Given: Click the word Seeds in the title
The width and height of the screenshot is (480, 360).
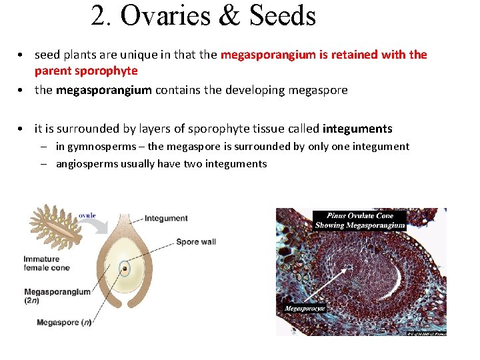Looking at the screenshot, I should tap(282, 16).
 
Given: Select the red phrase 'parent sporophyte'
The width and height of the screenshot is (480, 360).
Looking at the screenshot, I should tap(86, 71).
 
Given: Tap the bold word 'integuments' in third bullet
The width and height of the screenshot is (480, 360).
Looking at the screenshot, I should tap(357, 129).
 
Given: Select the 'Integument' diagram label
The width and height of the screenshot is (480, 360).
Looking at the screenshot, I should tap(166, 218).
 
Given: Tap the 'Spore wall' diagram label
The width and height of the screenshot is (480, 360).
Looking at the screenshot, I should tap(196, 241).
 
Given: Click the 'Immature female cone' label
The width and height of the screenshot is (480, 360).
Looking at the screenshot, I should tap(47, 263).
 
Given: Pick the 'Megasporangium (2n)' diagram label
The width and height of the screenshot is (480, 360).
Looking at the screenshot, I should tap(57, 296).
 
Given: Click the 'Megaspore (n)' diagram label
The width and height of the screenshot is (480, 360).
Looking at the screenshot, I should tap(64, 323).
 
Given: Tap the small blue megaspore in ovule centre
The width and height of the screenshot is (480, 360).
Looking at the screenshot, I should tap(125, 270).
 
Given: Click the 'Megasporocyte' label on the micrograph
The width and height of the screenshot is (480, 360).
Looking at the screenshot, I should tap(305, 309).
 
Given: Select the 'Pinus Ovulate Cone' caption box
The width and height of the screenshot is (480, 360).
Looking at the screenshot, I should tap(360, 221).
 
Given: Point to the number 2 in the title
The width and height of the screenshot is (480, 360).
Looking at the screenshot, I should tap(99, 16).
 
